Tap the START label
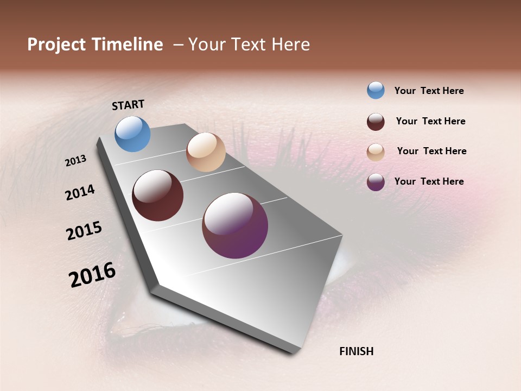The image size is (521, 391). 128,105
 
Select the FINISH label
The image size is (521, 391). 357,351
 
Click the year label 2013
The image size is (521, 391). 76,161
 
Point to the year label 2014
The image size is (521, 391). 80,192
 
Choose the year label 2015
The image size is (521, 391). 84,230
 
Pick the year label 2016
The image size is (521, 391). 92,274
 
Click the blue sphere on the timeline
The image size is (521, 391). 133,134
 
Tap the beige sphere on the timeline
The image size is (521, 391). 206,152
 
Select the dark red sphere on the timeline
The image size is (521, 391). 158,195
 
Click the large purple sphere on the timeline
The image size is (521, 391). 235,225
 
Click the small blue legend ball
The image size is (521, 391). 376,90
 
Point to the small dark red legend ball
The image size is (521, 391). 376,122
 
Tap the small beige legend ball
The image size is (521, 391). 376,152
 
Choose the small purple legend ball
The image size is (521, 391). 376,182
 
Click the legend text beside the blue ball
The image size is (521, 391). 429,91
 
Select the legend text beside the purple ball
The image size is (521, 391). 429,181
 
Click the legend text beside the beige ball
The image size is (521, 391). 432,151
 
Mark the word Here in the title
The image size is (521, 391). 290,45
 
